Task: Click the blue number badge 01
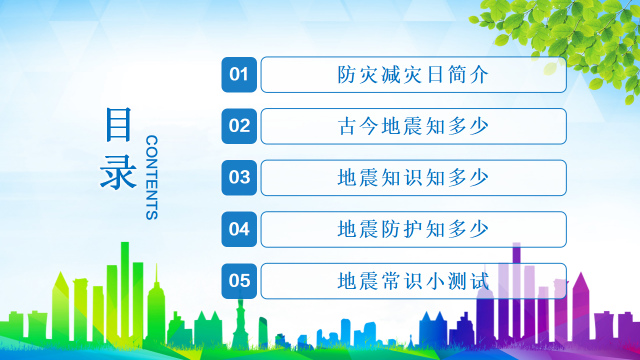(x=239, y=74)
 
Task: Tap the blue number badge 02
(x=239, y=126)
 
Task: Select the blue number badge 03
(x=239, y=177)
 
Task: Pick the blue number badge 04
(x=239, y=229)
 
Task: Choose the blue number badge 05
(x=239, y=281)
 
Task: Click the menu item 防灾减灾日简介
(x=413, y=74)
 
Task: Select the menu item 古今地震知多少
(x=413, y=126)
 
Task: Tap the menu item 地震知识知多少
(x=413, y=177)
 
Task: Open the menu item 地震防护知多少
(x=413, y=229)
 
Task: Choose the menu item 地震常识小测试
(x=413, y=281)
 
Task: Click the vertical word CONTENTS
(x=151, y=177)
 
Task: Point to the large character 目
(x=118, y=124)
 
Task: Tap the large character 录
(x=118, y=172)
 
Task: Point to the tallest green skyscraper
(x=125, y=291)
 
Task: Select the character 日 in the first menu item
(x=435, y=74)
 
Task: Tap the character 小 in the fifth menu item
(x=435, y=281)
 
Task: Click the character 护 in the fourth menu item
(x=413, y=229)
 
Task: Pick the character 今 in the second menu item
(x=369, y=126)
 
